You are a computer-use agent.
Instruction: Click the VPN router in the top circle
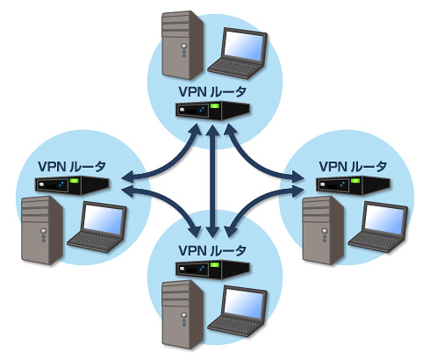pos(212,111)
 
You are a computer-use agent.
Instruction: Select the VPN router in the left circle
pos(72,185)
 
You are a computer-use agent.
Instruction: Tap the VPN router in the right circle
pos(353,185)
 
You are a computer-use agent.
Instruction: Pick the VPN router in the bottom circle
pos(212,270)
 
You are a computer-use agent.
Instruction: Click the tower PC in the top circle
pos(183,46)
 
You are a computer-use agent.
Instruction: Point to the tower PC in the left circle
pos(42,231)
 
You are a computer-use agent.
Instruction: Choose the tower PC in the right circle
pos(323,231)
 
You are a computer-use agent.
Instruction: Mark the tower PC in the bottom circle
pos(183,314)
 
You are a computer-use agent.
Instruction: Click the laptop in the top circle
pos(238,54)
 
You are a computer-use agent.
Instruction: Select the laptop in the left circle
pos(97,227)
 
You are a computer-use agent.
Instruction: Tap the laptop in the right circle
pos(378,227)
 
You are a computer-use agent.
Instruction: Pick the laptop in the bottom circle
pos(238,312)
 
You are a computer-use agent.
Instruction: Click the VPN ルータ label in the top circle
pos(212,92)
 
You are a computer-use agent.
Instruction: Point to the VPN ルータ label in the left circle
pos(72,167)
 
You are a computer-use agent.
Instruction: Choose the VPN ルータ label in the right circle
pos(353,167)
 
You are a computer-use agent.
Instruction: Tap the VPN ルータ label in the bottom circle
pos(212,251)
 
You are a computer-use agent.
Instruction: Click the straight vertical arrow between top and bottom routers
pos(212,182)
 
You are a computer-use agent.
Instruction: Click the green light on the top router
pos(215,105)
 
